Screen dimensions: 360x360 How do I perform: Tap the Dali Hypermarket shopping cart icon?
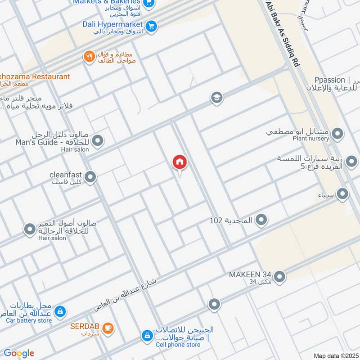pos(151,26)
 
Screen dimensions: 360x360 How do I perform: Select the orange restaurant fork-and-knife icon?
pos(89,57)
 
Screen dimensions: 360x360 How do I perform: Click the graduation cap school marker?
pos(217,98)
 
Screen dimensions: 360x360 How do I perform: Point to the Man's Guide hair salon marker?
pos(98,141)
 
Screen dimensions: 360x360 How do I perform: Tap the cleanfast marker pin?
pos(90,177)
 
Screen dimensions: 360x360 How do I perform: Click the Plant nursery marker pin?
pos(337,134)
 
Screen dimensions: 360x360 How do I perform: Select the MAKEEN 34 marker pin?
pos(279,277)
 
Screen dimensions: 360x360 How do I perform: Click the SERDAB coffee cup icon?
pos(108,327)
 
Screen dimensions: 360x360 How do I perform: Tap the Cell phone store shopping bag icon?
pos(147,335)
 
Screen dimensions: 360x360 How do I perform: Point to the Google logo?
pos(19,353)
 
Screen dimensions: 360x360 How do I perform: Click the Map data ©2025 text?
pos(335,355)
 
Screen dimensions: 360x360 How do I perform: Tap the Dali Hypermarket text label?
pos(112,24)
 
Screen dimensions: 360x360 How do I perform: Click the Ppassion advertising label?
pos(330,80)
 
